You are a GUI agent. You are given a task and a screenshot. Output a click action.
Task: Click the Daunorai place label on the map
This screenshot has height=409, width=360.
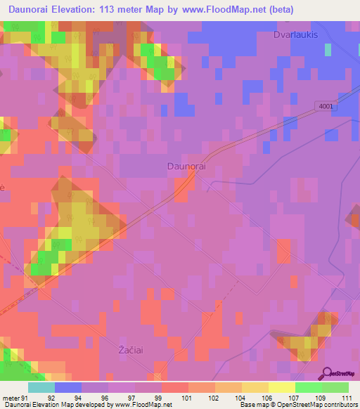(x=186, y=167)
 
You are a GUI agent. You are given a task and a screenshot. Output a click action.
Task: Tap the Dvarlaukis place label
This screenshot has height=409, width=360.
(x=296, y=34)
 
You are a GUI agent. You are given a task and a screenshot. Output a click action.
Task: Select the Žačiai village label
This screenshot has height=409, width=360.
(x=131, y=349)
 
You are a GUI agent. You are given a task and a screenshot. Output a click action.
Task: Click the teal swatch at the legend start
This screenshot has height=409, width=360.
(x=41, y=387)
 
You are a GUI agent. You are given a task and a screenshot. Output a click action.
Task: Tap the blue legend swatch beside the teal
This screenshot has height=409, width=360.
(x=67, y=387)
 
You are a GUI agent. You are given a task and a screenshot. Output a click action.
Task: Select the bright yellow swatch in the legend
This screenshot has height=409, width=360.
(x=281, y=387)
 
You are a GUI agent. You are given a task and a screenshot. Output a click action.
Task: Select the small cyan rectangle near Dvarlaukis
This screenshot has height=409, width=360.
(x=328, y=49)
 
